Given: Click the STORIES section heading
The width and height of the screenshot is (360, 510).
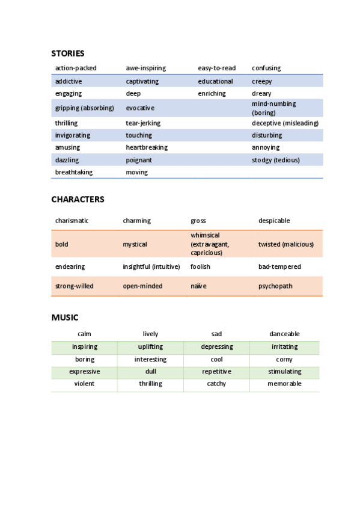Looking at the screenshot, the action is [x=68, y=53].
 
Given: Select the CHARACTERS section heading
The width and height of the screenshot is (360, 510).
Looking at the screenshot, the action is [x=78, y=199].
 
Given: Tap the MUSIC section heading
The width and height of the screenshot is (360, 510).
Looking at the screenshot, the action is [x=65, y=317].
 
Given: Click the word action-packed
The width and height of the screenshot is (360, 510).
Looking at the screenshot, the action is [x=76, y=68].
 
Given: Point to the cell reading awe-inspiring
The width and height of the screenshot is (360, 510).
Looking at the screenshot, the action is [x=145, y=68].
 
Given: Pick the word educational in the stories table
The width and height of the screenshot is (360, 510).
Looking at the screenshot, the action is [x=215, y=81].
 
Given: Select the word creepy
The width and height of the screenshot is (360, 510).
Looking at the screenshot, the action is [x=262, y=81].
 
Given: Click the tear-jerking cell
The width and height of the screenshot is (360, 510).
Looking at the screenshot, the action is [x=143, y=123].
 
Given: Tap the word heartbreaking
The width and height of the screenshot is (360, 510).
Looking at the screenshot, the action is [x=147, y=147].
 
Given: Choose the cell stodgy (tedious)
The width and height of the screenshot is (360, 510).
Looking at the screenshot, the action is [x=276, y=160].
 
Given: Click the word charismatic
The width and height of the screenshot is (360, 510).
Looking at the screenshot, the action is [x=72, y=221].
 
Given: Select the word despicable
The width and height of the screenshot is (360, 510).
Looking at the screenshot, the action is [x=274, y=221].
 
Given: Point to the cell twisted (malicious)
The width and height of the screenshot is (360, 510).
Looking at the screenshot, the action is [x=286, y=244].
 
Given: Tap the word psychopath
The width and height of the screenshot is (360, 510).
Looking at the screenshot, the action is [x=275, y=286].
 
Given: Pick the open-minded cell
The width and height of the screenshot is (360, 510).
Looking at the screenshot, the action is [x=142, y=286].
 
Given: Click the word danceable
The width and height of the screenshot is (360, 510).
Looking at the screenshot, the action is [x=284, y=334].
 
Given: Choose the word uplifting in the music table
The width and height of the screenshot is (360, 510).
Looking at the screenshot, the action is [x=150, y=347].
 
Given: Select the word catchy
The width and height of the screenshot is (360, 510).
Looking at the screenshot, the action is [x=216, y=384].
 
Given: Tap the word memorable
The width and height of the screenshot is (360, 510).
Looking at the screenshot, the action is [x=284, y=384].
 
